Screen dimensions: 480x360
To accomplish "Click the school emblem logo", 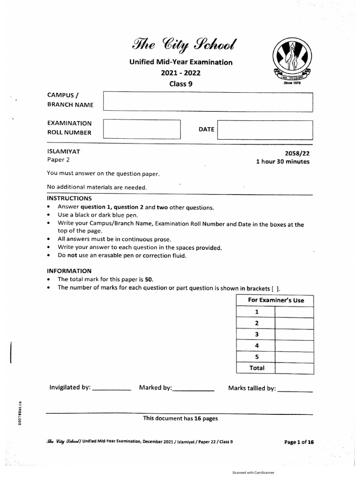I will [x=291, y=59].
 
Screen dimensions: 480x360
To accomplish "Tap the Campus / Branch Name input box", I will [x=208, y=101].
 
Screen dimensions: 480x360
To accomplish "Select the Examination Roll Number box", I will [x=142, y=129].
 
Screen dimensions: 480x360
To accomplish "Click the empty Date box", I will [x=265, y=130].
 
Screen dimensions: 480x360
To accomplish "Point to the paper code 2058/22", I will [x=297, y=153].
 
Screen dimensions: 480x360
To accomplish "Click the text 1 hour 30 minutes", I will [x=283, y=162].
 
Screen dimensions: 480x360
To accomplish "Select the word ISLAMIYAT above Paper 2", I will [x=63, y=151].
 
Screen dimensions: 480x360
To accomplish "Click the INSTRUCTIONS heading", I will [x=69, y=198].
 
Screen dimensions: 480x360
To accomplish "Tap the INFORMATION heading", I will [x=69, y=271].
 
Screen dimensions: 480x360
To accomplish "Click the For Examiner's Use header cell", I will [x=274, y=300].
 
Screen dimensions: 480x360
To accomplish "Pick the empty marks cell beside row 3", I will [x=294, y=334].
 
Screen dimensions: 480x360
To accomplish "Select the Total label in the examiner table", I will [x=256, y=368].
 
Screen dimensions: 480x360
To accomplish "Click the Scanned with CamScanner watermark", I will [x=253, y=473].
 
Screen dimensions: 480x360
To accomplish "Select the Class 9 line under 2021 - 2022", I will [x=181, y=84].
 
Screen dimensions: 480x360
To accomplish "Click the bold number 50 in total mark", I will [x=149, y=279].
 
